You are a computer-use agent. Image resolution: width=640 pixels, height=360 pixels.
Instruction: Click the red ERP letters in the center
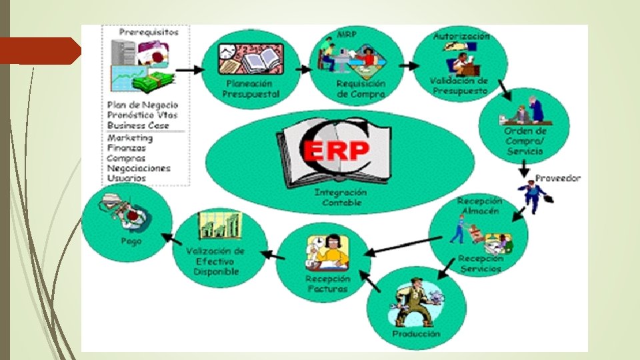(335, 151)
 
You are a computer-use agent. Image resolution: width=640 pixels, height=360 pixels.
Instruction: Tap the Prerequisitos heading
(149, 31)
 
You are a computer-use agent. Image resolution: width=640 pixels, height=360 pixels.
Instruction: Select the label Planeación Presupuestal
(251, 89)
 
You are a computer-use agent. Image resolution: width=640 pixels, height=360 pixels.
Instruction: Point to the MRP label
(346, 33)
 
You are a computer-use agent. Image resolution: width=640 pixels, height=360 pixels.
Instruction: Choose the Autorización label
(461, 35)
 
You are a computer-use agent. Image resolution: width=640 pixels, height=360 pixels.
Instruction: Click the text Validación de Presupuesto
(459, 85)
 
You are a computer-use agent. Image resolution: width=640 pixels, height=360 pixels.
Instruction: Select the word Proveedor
(558, 178)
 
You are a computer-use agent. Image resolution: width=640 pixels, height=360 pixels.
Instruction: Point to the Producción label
(416, 333)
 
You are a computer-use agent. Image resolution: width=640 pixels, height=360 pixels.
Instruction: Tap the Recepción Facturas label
(327, 283)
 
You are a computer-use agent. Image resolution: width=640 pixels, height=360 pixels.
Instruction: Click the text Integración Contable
(341, 197)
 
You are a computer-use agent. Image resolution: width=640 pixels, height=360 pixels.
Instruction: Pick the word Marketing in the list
(130, 138)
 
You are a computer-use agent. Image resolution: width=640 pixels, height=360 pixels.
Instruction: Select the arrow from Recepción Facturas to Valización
(270, 254)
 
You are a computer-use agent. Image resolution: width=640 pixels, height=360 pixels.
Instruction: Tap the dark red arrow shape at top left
(40, 51)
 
